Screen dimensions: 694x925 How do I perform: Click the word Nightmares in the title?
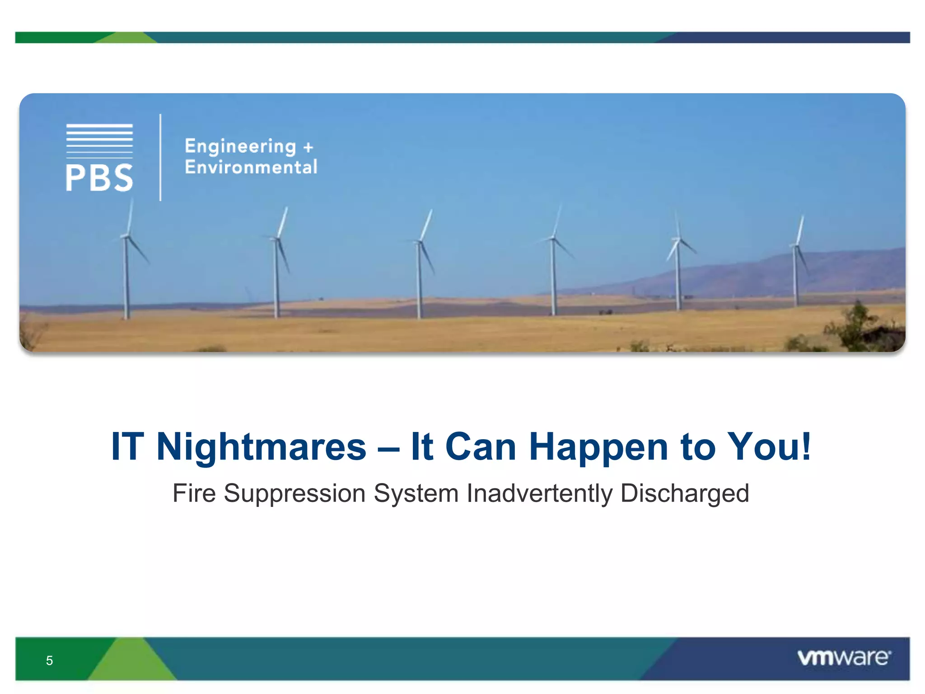(x=261, y=447)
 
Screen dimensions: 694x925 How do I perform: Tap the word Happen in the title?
(x=598, y=447)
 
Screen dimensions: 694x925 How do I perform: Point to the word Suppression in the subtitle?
(x=294, y=493)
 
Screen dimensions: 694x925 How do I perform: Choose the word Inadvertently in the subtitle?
(x=539, y=493)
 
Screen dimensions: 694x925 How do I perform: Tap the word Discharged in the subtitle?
(x=684, y=493)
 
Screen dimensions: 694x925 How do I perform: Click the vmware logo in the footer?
(x=844, y=657)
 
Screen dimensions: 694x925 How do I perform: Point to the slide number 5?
(x=50, y=661)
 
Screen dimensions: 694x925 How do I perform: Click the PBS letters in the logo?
(x=99, y=178)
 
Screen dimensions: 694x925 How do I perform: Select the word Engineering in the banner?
(x=240, y=146)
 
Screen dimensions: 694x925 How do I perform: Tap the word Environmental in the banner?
(x=251, y=167)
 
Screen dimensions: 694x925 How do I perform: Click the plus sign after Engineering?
(x=308, y=147)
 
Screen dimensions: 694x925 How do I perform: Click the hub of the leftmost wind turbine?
(x=126, y=236)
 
